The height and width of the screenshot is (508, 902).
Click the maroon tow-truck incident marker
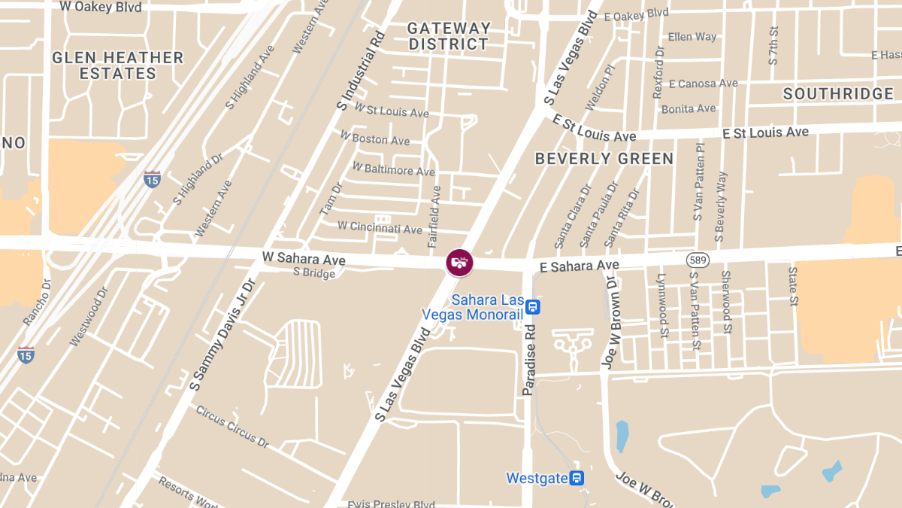(x=459, y=262)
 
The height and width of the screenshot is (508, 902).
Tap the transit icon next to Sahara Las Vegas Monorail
(x=533, y=307)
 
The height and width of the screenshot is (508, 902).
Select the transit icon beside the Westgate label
(x=577, y=478)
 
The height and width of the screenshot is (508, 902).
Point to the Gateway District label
(x=449, y=36)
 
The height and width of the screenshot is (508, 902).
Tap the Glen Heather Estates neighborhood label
(x=118, y=65)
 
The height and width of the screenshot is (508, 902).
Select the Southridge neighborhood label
(x=838, y=94)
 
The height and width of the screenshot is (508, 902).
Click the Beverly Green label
(x=604, y=159)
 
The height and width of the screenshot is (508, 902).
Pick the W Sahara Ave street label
(x=304, y=258)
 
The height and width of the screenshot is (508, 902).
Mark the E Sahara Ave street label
(x=580, y=266)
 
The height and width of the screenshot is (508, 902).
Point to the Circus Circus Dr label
(x=232, y=426)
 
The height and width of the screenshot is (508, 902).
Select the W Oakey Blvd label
(x=100, y=7)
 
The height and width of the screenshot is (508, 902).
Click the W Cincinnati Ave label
(x=380, y=227)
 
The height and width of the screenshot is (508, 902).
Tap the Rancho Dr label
(x=35, y=302)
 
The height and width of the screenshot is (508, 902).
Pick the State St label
(x=792, y=286)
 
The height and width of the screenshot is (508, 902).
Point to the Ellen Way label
(x=692, y=37)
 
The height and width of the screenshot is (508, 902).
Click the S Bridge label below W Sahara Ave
(x=314, y=273)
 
